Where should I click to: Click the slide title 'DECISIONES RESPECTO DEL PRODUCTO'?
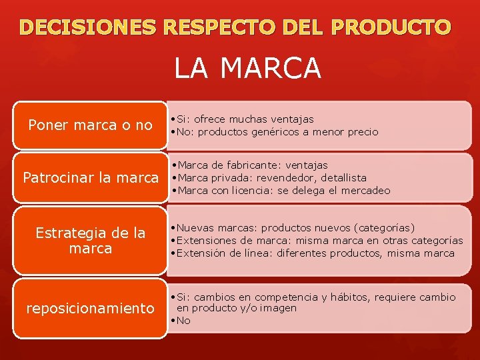(x=235, y=27)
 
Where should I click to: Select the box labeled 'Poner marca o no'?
(x=90, y=125)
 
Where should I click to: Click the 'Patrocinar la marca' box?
(x=90, y=178)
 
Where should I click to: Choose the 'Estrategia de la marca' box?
(x=90, y=241)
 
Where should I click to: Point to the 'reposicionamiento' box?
(x=90, y=309)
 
